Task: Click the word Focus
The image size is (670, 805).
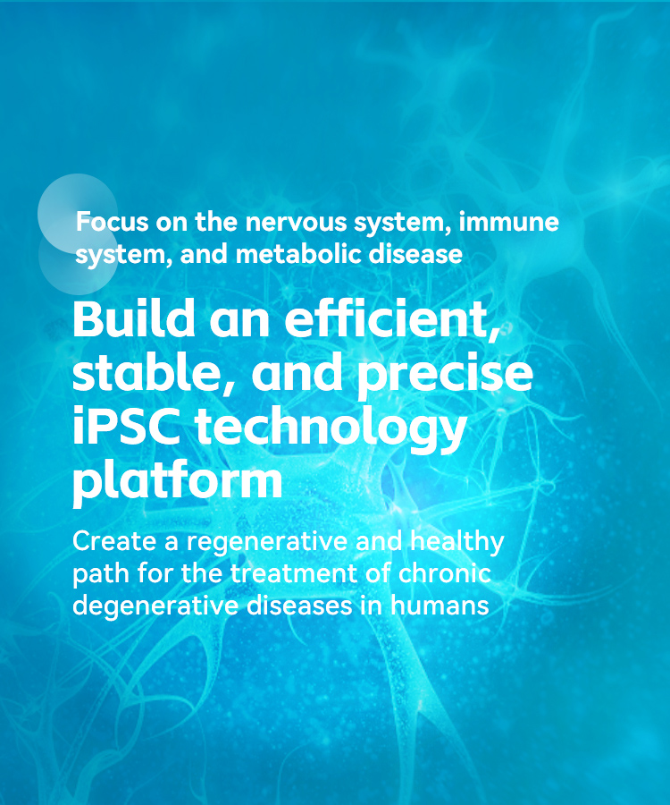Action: [113, 222]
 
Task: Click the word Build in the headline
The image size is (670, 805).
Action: [134, 318]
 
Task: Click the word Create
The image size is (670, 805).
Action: [114, 541]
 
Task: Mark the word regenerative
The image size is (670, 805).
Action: [267, 543]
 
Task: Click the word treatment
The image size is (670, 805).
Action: [294, 574]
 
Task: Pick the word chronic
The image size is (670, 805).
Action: [445, 573]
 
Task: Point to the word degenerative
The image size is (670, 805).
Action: [155, 606]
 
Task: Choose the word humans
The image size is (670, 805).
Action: [440, 605]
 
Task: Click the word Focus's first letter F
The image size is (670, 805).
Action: [82, 222]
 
